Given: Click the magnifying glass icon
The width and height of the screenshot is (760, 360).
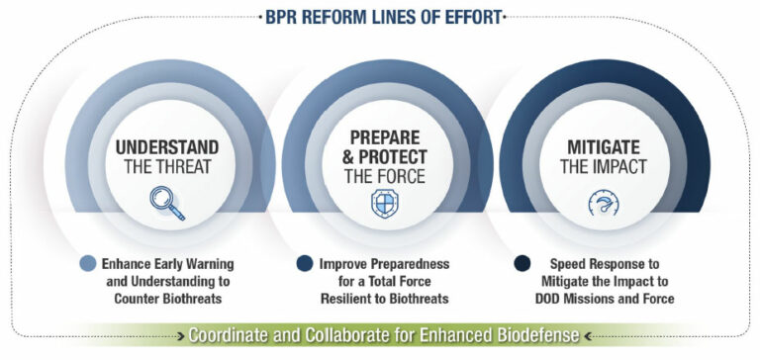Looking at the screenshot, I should pyautogui.click(x=166, y=202).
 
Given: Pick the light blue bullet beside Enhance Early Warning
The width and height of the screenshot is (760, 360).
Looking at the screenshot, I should pyautogui.click(x=88, y=264).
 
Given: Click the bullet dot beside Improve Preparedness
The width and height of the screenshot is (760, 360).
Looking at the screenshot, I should pyautogui.click(x=306, y=264).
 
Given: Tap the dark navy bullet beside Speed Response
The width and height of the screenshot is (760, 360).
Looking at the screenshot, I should pyautogui.click(x=522, y=264).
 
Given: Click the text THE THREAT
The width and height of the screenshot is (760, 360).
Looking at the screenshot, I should pyautogui.click(x=167, y=166).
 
